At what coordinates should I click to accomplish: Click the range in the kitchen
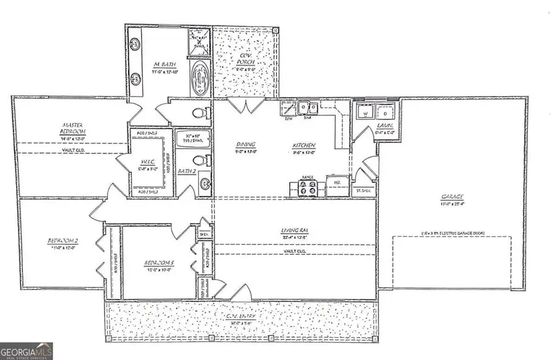click(307, 188)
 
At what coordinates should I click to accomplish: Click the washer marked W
click(366, 113)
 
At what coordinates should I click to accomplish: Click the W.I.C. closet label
click(147, 163)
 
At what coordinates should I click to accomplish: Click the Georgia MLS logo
click(27, 351)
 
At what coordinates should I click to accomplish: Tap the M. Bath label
click(165, 64)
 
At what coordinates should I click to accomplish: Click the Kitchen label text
click(304, 147)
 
